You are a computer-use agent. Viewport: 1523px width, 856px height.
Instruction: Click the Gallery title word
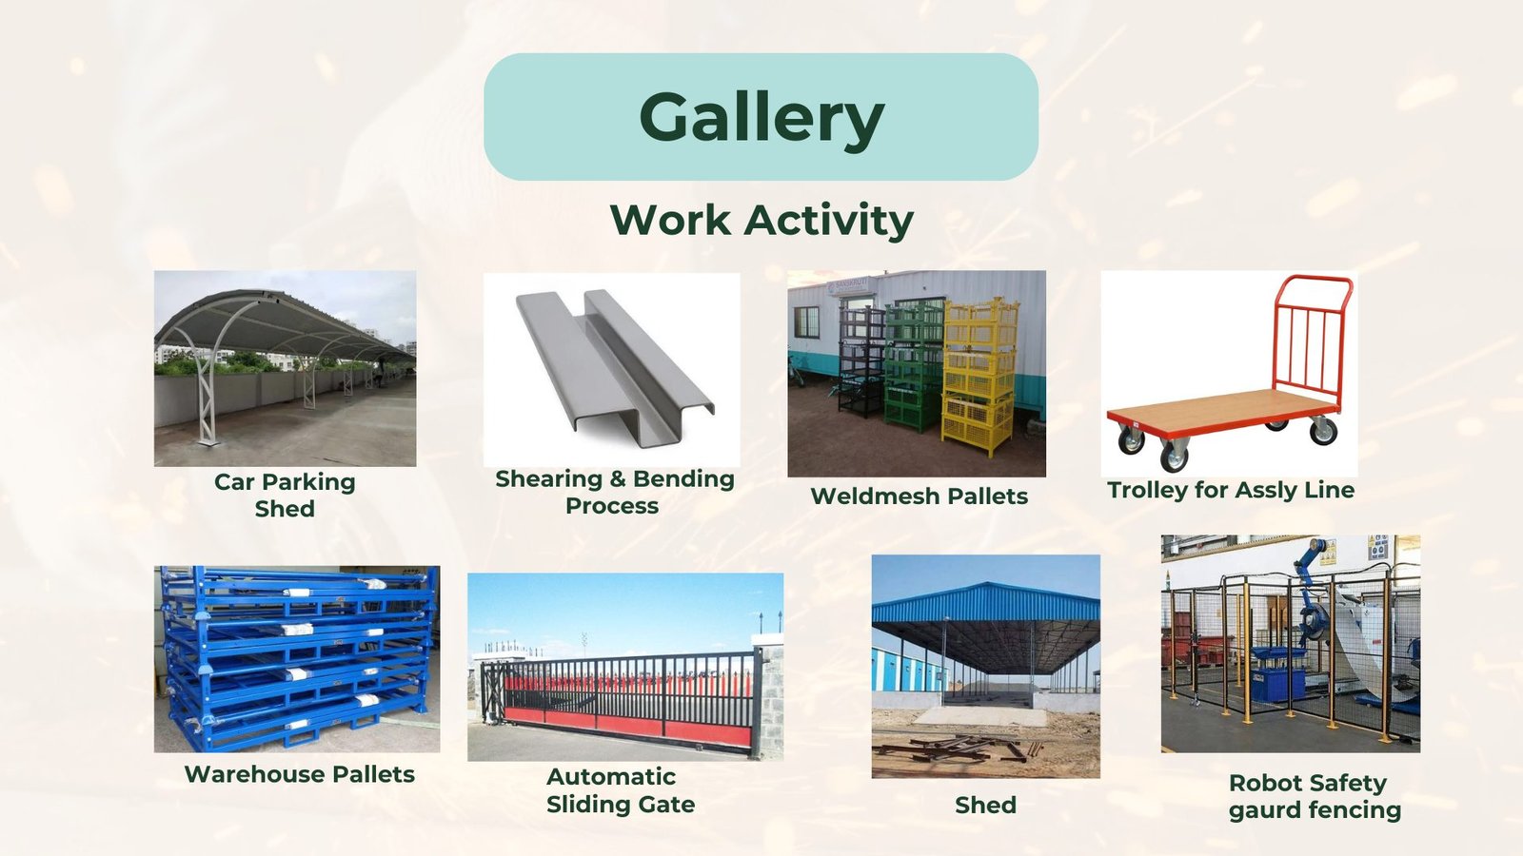coord(761,118)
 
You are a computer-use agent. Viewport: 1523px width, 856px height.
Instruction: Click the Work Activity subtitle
coord(761,220)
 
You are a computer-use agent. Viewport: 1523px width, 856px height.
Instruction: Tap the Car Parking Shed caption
coord(285,496)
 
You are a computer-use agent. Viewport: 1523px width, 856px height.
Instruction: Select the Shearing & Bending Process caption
coord(615,492)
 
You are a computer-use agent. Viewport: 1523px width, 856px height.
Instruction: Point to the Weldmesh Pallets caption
coord(920,496)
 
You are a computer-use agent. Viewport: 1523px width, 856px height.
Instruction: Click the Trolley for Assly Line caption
coord(1231,491)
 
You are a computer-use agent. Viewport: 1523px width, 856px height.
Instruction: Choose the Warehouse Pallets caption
coord(299,774)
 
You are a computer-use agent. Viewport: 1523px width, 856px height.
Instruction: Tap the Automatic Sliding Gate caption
coord(621,790)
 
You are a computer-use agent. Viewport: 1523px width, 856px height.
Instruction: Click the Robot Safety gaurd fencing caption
coord(1315,796)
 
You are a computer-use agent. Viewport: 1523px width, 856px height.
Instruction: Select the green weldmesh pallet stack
coord(913,367)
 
